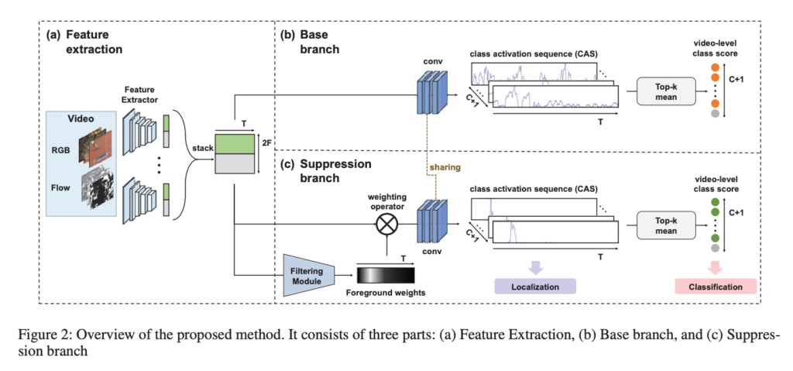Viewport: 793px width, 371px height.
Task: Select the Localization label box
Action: pos(536,287)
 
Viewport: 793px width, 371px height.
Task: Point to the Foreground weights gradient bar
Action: pos(386,274)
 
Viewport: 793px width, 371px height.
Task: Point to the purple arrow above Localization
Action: pos(536,267)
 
